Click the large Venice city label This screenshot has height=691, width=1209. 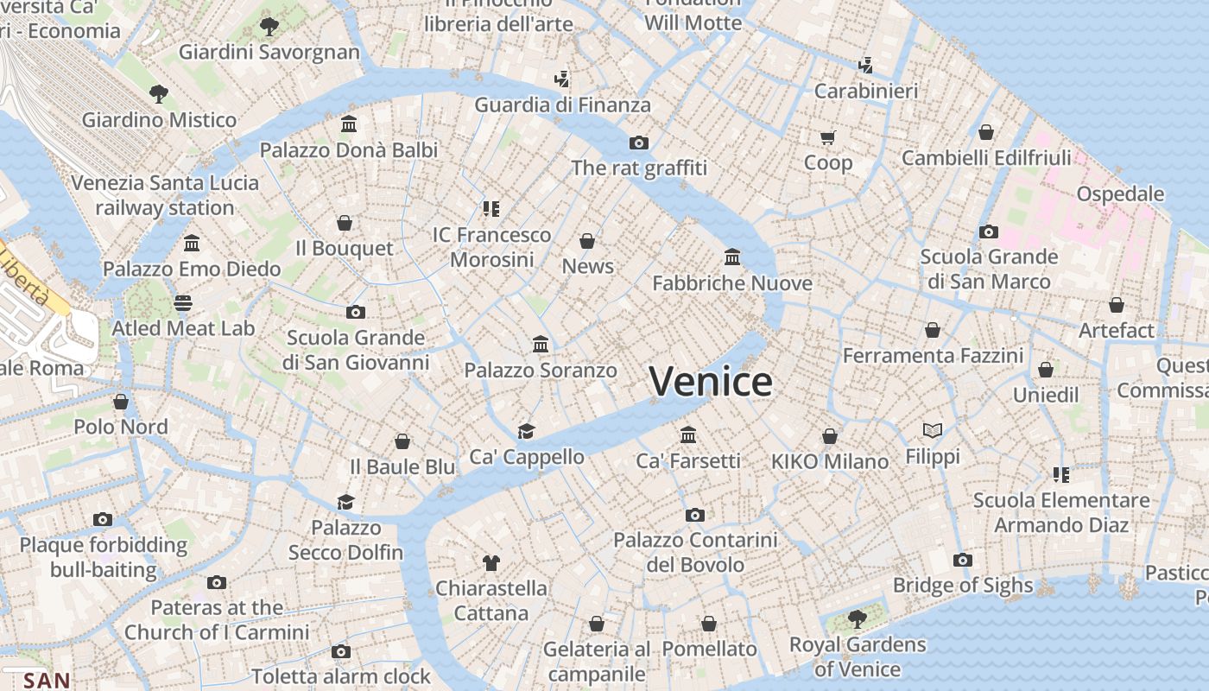pyautogui.click(x=711, y=381)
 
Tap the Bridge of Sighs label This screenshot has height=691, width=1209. pyautogui.click(x=962, y=585)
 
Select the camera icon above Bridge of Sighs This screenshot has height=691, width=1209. pyautogui.click(x=963, y=560)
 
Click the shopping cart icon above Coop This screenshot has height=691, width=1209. pyautogui.click(x=827, y=137)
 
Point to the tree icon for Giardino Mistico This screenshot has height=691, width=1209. pyautogui.click(x=158, y=93)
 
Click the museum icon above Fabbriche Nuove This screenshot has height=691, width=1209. pyautogui.click(x=732, y=257)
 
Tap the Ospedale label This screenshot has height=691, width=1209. pyautogui.click(x=1120, y=193)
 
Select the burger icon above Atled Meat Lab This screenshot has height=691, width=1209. pyautogui.click(x=183, y=302)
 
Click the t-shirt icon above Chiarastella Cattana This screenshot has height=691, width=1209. pyautogui.click(x=491, y=563)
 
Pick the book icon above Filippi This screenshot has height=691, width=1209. pyautogui.click(x=932, y=430)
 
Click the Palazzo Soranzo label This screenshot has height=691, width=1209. pyautogui.click(x=541, y=370)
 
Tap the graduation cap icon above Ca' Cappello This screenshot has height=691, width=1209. pyautogui.click(x=526, y=430)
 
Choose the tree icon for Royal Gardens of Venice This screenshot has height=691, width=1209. pyautogui.click(x=857, y=618)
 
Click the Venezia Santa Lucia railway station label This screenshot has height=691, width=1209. pyautogui.click(x=164, y=195)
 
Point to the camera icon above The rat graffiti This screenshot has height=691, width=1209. pyautogui.click(x=638, y=143)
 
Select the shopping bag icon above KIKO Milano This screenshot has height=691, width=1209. pyautogui.click(x=829, y=436)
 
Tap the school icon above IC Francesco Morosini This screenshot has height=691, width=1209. pyautogui.click(x=491, y=208)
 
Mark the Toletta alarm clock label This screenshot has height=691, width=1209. pyautogui.click(x=340, y=675)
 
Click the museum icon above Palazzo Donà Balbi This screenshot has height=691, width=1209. pyautogui.click(x=349, y=124)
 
